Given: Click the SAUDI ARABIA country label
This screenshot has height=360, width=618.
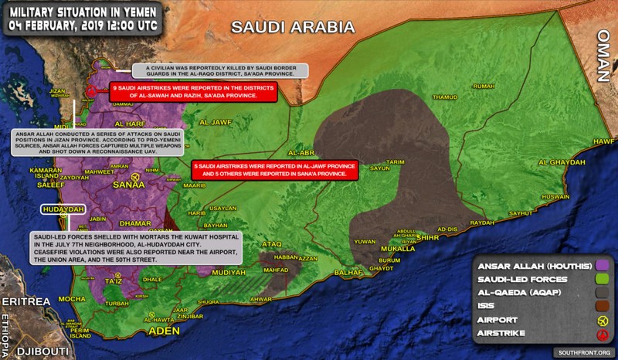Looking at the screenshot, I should [293, 28].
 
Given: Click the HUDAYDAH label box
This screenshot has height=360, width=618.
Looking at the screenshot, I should [62, 209].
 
